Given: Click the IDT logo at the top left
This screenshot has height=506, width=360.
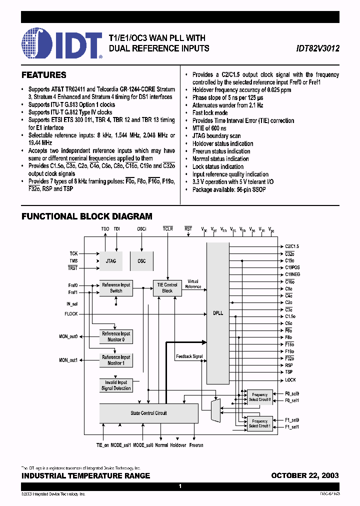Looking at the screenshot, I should coord(62,44).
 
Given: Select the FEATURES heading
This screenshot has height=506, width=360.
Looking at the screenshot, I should coord(44,75).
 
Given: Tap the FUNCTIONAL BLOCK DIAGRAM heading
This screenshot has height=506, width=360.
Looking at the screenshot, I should coord(87,216).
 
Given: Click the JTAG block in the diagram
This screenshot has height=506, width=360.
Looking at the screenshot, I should coord(111,261).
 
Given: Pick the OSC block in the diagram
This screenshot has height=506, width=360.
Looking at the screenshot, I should coord(141,261).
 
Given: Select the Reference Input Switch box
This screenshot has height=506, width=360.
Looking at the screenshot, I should coord(116,287).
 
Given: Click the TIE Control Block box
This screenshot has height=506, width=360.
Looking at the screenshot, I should coord(167,287).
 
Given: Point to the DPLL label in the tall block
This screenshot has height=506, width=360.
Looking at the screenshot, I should coord(217,312).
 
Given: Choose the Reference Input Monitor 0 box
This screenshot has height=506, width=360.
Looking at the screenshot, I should coord(116,336).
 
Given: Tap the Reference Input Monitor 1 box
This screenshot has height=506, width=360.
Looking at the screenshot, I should coord(116,360).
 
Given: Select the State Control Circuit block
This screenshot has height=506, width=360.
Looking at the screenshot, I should coord(148,413).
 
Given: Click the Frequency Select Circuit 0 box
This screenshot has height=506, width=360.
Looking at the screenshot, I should coord(260,397).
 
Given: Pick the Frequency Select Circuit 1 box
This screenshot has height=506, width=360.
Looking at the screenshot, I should coord(260,423).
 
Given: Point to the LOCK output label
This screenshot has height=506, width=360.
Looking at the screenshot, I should coord(290,380).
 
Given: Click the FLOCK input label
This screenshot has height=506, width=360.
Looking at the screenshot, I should coord(71,314).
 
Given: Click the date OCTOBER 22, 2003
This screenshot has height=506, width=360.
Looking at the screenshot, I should coord(305,475).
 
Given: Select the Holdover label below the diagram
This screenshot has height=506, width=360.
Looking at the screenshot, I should coord(178,445).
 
